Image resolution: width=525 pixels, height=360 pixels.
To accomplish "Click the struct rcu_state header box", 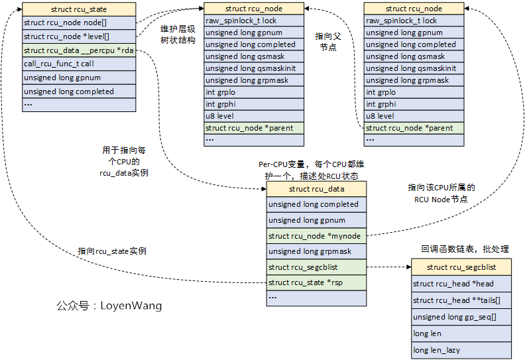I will pos(79,9).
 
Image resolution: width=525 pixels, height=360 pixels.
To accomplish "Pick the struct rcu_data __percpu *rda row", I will pos(79,50).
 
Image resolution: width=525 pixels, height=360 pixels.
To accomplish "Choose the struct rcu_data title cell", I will pos(316,190).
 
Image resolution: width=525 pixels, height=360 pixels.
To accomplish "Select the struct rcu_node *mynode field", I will pos(316,236).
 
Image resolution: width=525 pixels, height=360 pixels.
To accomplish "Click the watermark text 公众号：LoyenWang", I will pos(109,306).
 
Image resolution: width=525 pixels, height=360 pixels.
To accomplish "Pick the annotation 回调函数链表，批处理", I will pos(465,249).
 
